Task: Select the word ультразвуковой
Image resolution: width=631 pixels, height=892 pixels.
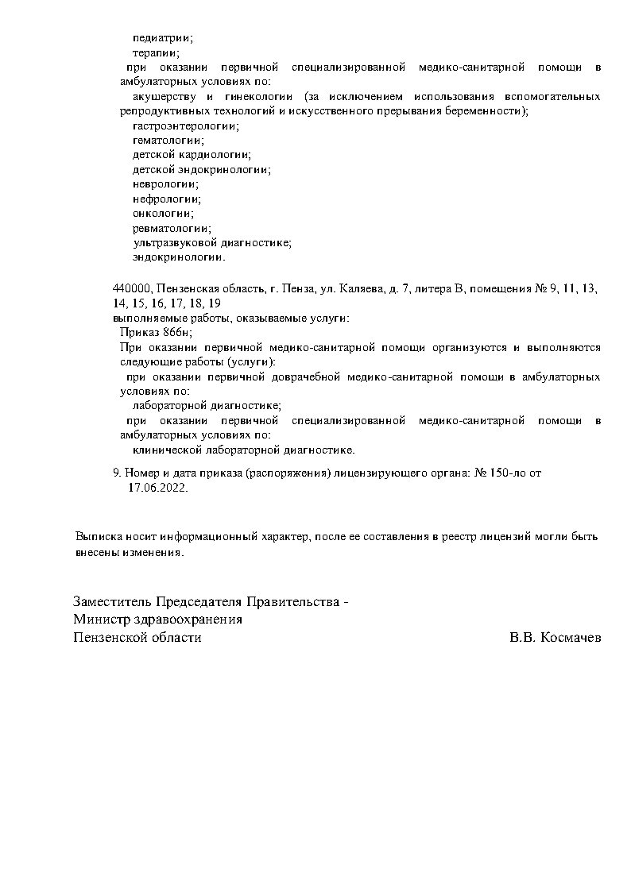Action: pos(168,242)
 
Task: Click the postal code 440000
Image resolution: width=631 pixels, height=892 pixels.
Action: pos(131,288)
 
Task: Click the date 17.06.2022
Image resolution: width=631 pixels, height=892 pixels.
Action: pos(157,488)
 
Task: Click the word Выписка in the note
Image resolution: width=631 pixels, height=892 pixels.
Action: pos(97,536)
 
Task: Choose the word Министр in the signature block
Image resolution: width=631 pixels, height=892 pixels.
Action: pos(101,620)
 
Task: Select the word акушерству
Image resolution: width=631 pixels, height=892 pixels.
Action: pos(164,96)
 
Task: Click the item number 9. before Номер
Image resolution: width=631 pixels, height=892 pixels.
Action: pos(118,473)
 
